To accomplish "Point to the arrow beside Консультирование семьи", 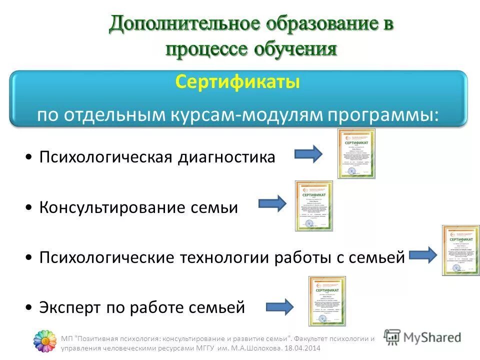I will point(272,203).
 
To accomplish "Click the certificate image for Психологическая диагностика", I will point(356,153).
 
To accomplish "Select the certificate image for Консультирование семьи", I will point(313,205).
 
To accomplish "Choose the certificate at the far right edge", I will point(460,250).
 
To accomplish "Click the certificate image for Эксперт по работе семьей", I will point(327,301).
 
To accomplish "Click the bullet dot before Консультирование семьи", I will point(30,207).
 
